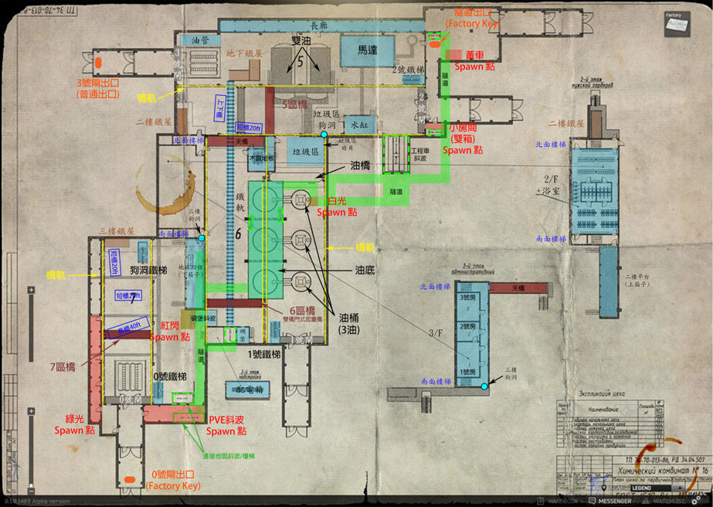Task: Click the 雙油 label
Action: pyautogui.click(x=301, y=40)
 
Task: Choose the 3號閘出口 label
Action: pyautogui.click(x=97, y=87)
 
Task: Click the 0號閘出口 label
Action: pyautogui.click(x=172, y=480)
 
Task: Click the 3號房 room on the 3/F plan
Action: pyautogui.click(x=467, y=298)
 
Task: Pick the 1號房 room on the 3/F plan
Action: pyautogui.click(x=467, y=372)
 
